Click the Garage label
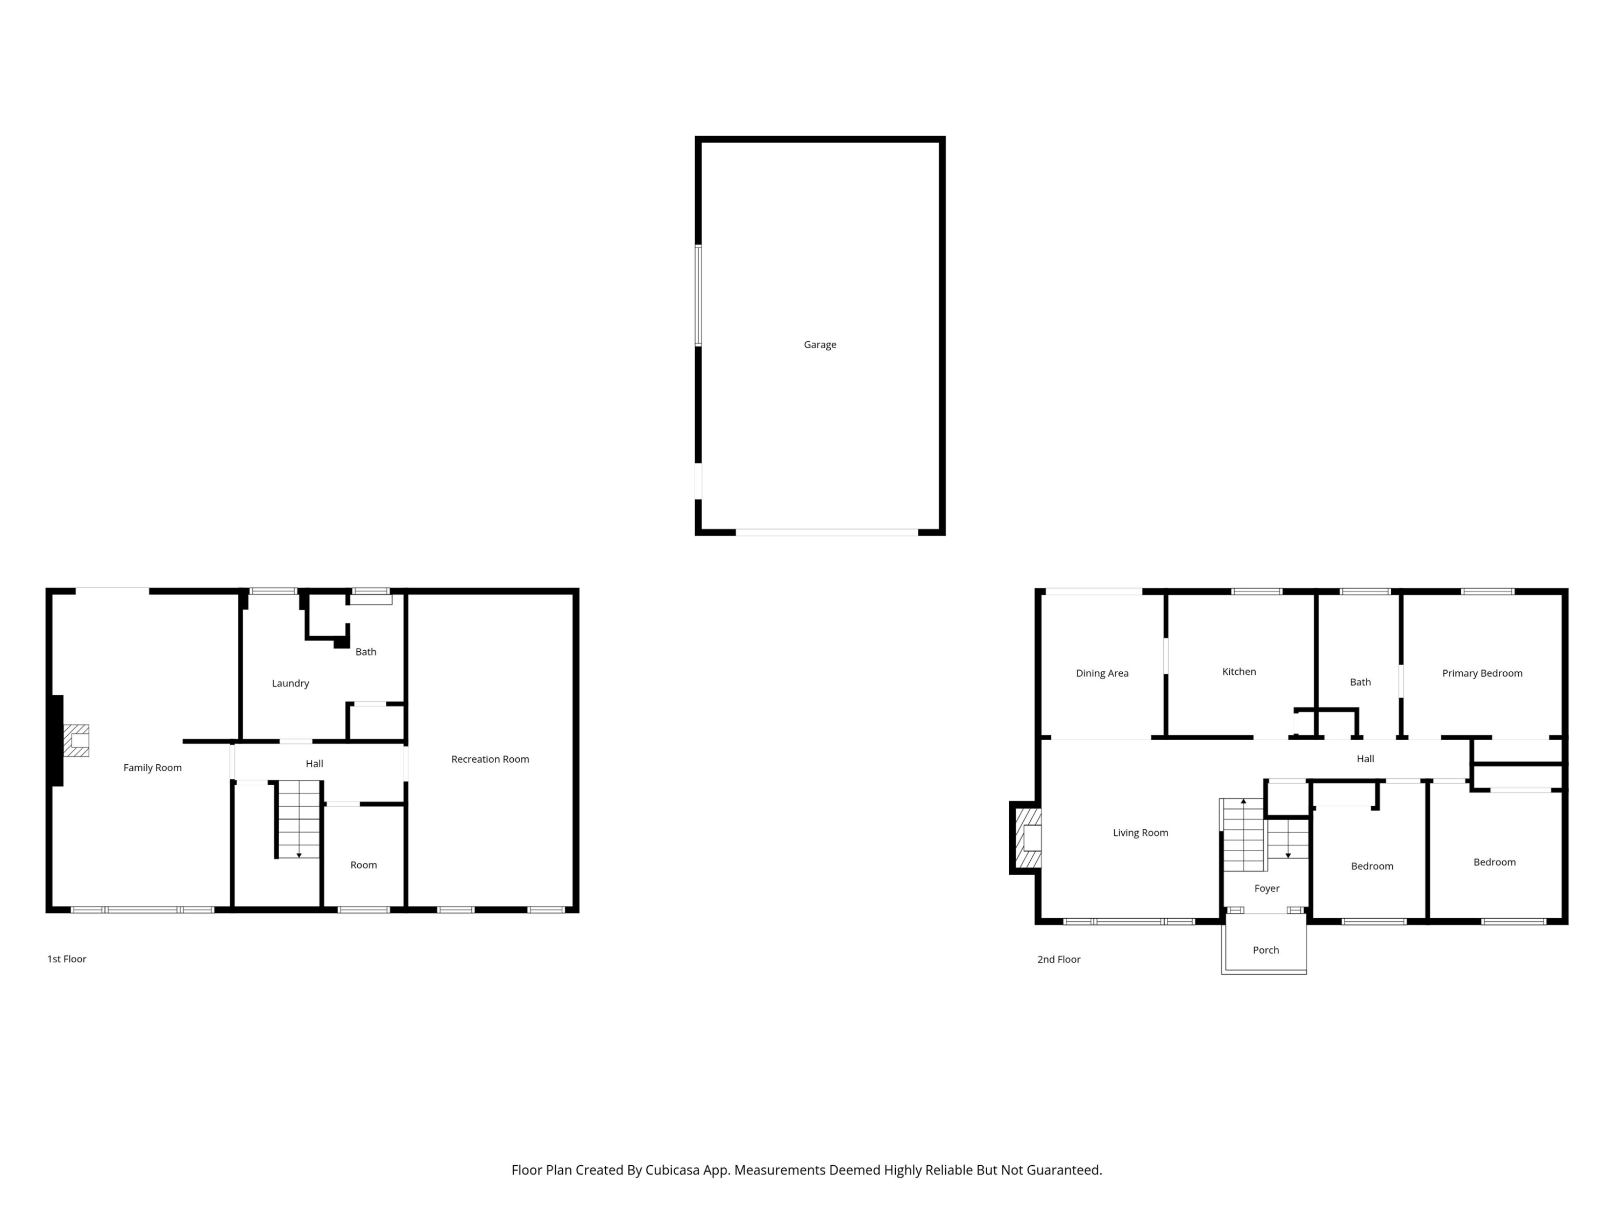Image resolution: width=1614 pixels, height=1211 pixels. [x=819, y=344]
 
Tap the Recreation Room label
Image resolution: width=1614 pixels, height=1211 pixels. [x=490, y=759]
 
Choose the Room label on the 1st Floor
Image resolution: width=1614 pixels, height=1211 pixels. [x=363, y=865]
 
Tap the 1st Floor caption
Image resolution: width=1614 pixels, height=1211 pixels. [x=66, y=959]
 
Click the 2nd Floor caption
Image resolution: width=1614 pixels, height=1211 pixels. [x=1058, y=959]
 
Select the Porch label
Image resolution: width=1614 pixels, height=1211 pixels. [x=1265, y=949]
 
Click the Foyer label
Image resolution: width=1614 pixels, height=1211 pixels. [x=1266, y=889]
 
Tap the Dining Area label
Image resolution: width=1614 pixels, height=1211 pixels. [x=1102, y=673]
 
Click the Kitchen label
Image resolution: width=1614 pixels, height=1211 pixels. [x=1238, y=672]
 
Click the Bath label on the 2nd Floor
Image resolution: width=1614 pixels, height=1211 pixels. [x=1360, y=682]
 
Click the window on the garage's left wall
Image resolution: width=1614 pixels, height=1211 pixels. [x=698, y=295]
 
